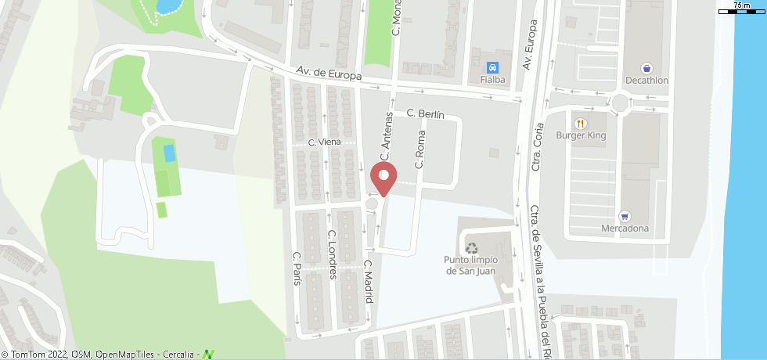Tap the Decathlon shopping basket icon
click(646, 68)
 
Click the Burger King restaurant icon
click(580, 123)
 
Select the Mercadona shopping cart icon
click(625, 216)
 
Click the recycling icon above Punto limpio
click(471, 247)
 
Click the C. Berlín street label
click(426, 114)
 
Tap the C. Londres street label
click(332, 254)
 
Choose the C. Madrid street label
click(367, 282)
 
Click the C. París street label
click(297, 268)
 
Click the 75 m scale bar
click(741, 10)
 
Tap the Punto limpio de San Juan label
click(471, 266)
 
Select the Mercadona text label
click(625, 229)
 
